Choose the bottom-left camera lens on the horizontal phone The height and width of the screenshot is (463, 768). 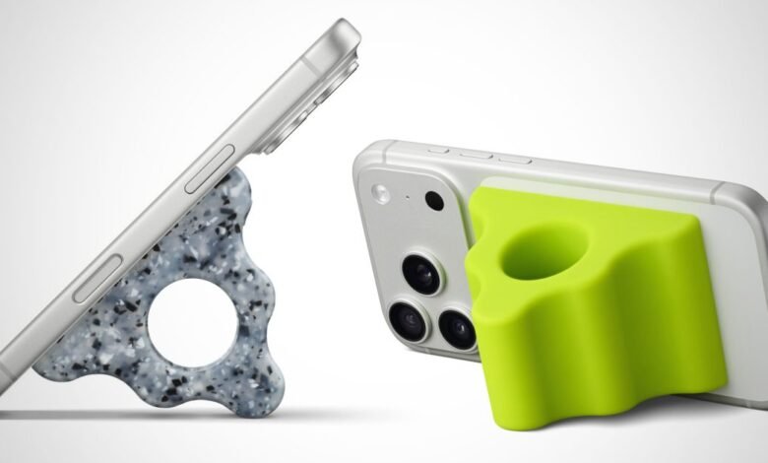409,319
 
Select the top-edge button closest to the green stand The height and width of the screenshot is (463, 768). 511,157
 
